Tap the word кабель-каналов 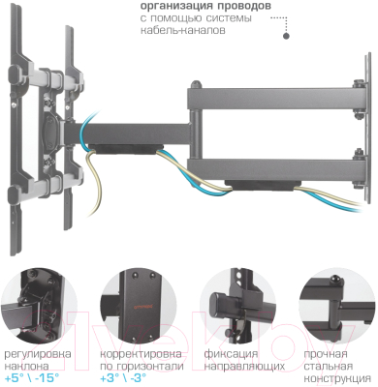click(183, 30)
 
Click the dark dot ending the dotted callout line click(286, 36)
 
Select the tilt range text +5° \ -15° click(32, 377)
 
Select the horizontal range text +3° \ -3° click(123, 377)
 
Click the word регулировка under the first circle click(38, 354)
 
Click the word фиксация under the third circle click(231, 354)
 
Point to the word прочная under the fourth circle click(326, 354)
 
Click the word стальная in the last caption click(328, 367)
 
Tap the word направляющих click(244, 367)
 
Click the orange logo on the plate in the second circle click(142, 305)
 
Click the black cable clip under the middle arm click(125, 149)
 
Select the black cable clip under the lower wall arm click(262, 185)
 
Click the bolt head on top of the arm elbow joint click(196, 84)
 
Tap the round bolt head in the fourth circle click(334, 279)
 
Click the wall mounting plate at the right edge click(367, 128)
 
